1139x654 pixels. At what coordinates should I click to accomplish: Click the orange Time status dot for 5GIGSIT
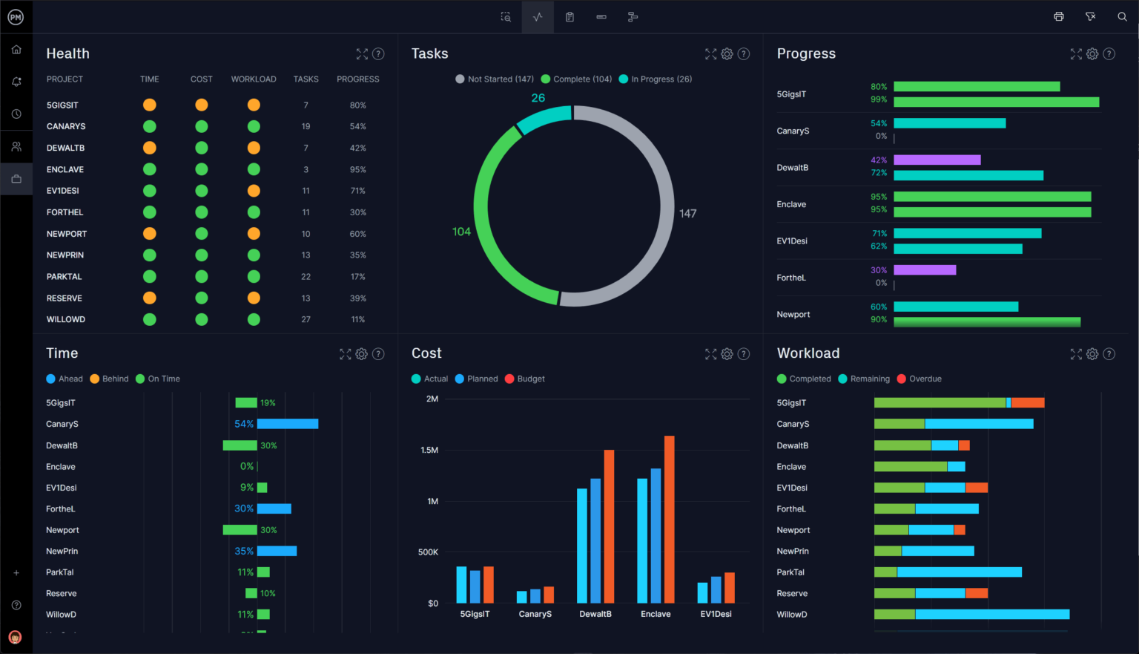(149, 105)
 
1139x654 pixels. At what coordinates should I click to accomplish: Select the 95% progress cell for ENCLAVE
(357, 170)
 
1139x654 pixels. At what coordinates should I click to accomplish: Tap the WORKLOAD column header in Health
(254, 79)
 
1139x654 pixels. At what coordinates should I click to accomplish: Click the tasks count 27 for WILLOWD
(306, 320)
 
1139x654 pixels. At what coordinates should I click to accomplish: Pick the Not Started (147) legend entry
(495, 79)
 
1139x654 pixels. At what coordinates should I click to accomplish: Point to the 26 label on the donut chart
(538, 98)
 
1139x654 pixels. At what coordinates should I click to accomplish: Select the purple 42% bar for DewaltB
(937, 160)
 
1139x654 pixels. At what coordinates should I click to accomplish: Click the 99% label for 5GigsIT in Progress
(879, 99)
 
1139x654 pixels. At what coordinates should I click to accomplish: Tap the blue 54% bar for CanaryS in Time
(288, 424)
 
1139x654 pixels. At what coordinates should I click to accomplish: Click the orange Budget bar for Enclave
(670, 519)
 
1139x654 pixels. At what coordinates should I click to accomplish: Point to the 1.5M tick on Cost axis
(429, 451)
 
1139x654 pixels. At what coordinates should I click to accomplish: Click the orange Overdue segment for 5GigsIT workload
(1028, 403)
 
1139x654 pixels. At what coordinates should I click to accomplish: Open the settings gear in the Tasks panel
(727, 54)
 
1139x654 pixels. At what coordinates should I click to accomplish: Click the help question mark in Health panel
(378, 54)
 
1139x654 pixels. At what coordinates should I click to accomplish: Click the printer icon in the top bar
(1059, 17)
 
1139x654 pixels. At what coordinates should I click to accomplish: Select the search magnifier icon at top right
(1122, 17)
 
